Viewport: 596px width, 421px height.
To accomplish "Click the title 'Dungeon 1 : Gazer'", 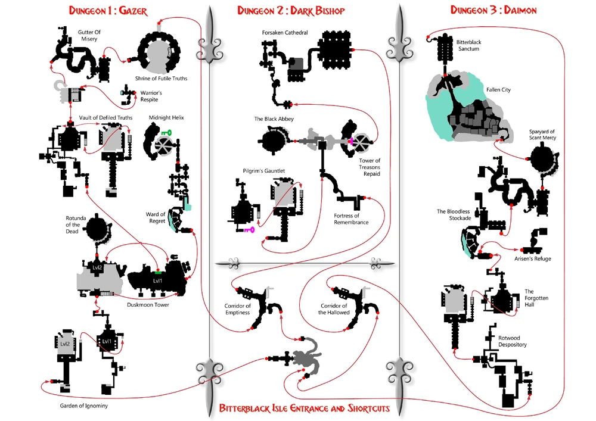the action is click(108, 11).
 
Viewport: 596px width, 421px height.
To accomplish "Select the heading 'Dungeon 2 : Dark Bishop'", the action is click(291, 11).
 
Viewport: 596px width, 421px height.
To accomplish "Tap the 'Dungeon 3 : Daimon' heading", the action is click(493, 10).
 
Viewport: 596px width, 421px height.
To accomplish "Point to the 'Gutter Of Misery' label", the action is click(89, 35).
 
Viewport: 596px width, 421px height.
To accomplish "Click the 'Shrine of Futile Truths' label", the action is click(161, 79).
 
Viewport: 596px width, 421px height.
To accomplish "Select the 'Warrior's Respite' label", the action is click(151, 96).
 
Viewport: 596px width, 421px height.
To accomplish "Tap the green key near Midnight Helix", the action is click(166, 133).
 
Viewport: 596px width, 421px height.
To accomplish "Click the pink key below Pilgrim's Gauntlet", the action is click(249, 230).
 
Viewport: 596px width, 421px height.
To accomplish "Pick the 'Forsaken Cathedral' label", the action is click(285, 33).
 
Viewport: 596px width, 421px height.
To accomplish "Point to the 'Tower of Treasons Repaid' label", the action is click(370, 167).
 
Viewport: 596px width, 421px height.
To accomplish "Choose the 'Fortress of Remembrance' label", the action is click(351, 219).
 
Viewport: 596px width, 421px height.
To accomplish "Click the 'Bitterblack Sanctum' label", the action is click(468, 46).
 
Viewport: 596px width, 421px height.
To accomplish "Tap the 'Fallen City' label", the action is click(498, 90).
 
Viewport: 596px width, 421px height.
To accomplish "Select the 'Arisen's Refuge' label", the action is click(532, 259).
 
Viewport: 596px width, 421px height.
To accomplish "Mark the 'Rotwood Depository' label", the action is click(513, 341).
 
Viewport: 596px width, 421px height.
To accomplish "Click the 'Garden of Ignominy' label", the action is click(83, 406).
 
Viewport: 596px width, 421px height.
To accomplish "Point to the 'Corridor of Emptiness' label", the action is click(238, 309).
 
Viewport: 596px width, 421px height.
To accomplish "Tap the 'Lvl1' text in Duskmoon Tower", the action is click(157, 281).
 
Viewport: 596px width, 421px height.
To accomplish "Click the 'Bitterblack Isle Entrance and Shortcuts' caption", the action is click(305, 408).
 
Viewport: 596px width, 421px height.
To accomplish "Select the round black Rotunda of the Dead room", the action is click(97, 229).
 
